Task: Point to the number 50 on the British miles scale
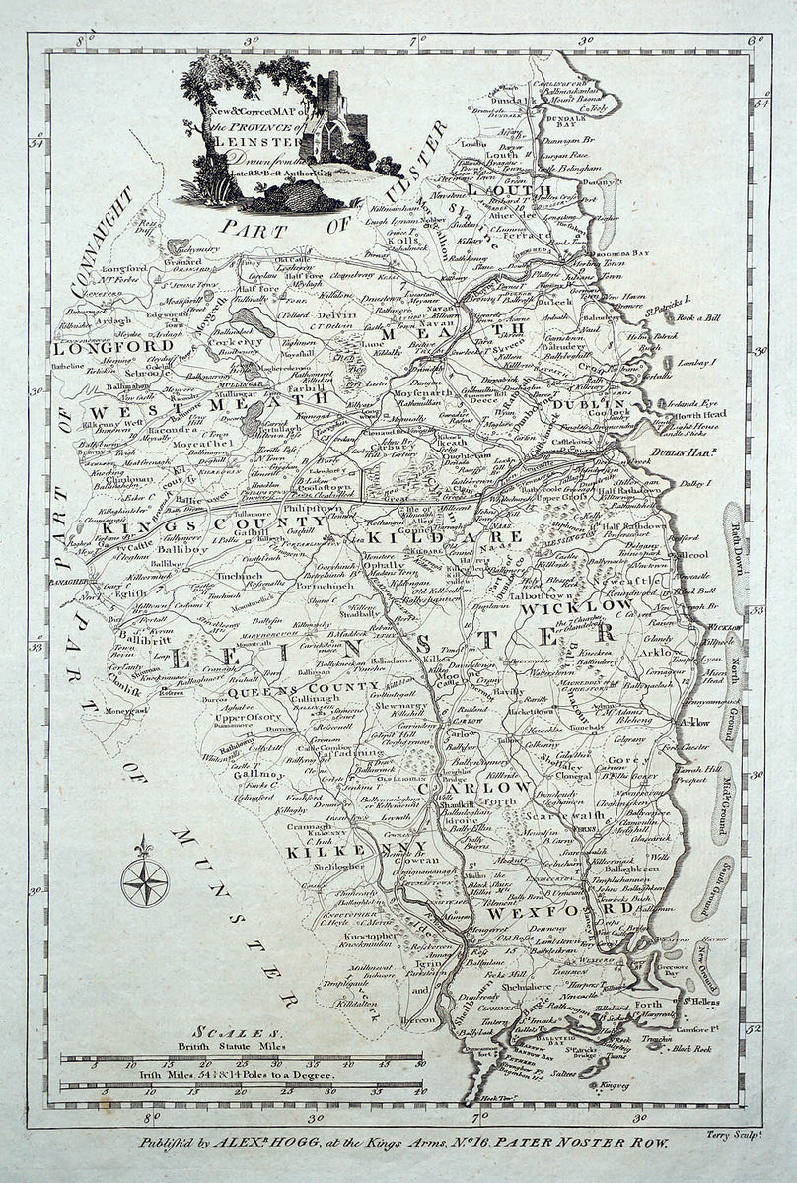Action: click(420, 1065)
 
